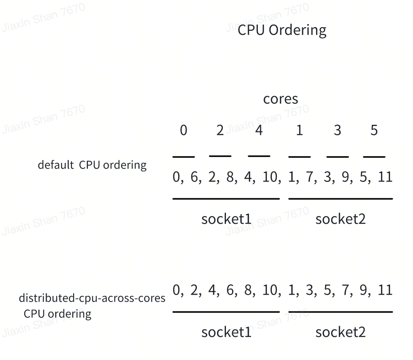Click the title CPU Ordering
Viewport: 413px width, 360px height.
point(282,30)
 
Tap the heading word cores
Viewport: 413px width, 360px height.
point(280,99)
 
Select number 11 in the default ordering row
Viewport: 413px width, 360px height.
point(385,177)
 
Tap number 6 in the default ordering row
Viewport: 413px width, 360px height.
point(195,177)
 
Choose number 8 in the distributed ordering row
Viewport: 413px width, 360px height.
point(248,290)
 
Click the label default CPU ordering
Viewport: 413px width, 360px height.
point(92,165)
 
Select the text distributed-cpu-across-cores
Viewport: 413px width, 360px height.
point(92,299)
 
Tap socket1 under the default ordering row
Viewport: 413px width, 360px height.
point(226,219)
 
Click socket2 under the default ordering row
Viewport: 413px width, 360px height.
point(340,219)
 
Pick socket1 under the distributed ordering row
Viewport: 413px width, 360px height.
point(226,332)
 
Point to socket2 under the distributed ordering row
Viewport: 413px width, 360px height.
point(340,332)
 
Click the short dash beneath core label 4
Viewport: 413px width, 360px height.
point(259,156)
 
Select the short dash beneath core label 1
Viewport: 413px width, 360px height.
point(299,157)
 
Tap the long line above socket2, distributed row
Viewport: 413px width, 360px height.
point(340,312)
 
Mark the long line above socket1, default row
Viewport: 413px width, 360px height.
point(226,199)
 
